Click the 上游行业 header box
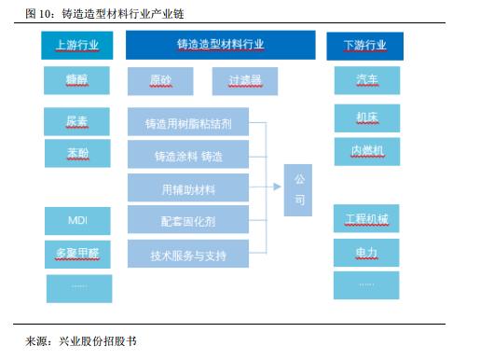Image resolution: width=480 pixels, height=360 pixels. tap(77, 45)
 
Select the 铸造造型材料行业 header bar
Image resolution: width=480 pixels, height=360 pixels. tap(220, 45)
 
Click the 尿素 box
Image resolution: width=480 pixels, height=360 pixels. tap(77, 120)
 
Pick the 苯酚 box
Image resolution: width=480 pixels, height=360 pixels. tap(77, 152)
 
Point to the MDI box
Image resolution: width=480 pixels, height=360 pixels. tap(77, 220)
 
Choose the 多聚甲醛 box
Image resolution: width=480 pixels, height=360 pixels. tap(77, 254)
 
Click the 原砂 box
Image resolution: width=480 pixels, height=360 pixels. tap(161, 80)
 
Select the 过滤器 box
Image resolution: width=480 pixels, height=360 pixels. tap(245, 80)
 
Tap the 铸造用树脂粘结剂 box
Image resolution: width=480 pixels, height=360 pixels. tap(188, 122)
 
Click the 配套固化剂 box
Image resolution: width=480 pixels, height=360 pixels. tap(188, 221)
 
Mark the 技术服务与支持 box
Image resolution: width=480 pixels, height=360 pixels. tap(188, 254)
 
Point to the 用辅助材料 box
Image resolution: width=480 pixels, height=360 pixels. tap(188, 188)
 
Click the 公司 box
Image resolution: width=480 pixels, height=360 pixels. tap(299, 187)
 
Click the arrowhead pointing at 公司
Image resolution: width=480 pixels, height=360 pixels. tap(279, 187)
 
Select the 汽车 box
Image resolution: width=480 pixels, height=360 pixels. tap(365, 80)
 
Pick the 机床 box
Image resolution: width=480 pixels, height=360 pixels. tap(365, 117)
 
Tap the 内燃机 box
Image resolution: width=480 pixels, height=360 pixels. tap(365, 148)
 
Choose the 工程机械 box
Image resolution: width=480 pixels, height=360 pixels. tap(365, 220)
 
